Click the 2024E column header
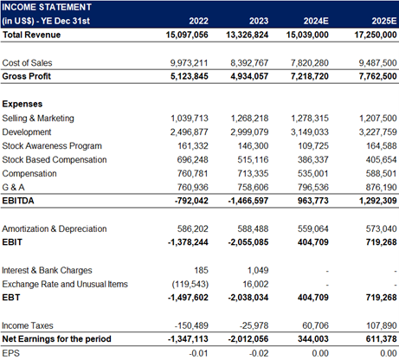(316, 21)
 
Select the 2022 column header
(198, 21)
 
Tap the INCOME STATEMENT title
(47, 7)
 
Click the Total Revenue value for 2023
(247, 35)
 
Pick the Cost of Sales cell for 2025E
(377, 63)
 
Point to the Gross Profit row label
(27, 76)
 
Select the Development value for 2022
(189, 132)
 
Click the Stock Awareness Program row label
(52, 146)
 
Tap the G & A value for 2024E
(313, 188)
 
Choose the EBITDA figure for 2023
(248, 201)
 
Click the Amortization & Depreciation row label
(55, 229)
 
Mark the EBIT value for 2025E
(381, 242)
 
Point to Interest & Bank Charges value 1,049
(258, 271)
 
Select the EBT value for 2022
(188, 298)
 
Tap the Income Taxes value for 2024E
(315, 325)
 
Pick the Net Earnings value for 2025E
(381, 339)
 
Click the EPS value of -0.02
(259, 353)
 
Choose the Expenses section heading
(23, 104)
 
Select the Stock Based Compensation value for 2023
(253, 160)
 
